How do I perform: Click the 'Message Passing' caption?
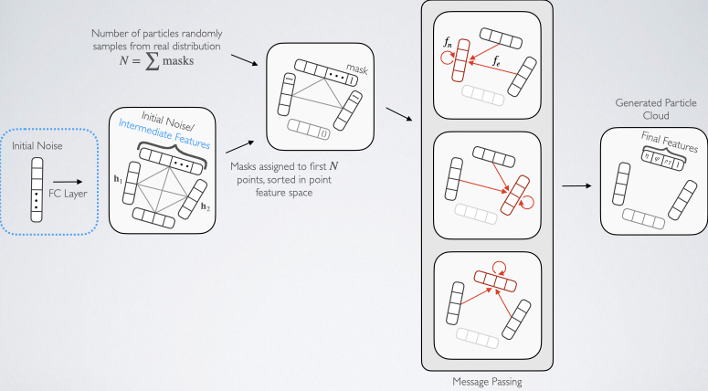tap(488, 382)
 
